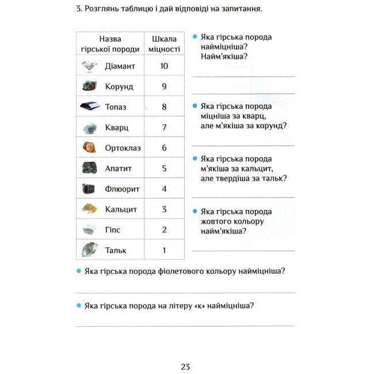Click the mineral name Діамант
[x=120, y=66]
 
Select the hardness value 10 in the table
[x=164, y=66]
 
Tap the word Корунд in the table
[x=119, y=87]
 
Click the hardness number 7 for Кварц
[x=164, y=127]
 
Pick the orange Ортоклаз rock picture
[x=89, y=147]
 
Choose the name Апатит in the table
[x=119, y=169]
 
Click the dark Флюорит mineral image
[x=89, y=189]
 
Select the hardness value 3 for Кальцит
[x=164, y=209]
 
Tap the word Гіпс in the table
[x=113, y=230]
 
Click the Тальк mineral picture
[x=89, y=250]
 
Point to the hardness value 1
[x=164, y=250]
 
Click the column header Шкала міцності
[x=164, y=44]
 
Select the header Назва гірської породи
[x=110, y=44]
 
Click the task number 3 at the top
[x=78, y=10]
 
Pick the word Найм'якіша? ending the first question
[x=224, y=56]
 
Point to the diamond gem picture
[x=89, y=66]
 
